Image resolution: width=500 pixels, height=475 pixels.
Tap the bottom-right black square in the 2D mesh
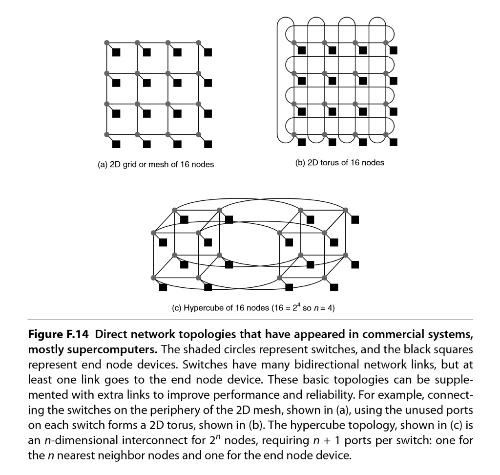pyautogui.click(x=208, y=144)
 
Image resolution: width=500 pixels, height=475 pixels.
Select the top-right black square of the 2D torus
pyautogui.click(x=393, y=50)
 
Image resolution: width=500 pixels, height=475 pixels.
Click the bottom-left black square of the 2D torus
pyautogui.click(x=302, y=142)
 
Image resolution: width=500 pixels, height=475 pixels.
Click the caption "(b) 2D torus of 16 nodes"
pyautogui.click(x=340, y=163)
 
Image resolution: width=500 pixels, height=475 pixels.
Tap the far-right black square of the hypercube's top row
pyautogui.click(x=355, y=219)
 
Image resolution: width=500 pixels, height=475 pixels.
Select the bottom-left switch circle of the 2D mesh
pyautogui.click(x=107, y=134)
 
